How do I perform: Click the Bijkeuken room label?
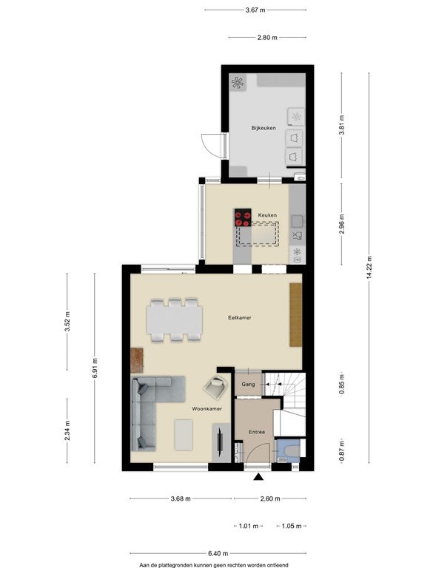264,128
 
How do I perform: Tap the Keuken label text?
267,215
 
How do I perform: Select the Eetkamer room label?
240,318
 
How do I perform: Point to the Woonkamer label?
207,408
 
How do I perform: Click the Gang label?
248,384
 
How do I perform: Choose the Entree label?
257,432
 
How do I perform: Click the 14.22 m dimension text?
369,268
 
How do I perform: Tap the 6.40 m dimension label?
218,553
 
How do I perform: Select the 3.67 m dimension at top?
255,10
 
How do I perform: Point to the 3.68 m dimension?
181,498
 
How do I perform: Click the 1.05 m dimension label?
292,526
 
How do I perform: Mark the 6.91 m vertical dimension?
95,368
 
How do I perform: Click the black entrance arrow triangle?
258,477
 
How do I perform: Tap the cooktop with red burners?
243,217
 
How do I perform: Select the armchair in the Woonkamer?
216,387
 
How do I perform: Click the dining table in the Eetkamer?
175,319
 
